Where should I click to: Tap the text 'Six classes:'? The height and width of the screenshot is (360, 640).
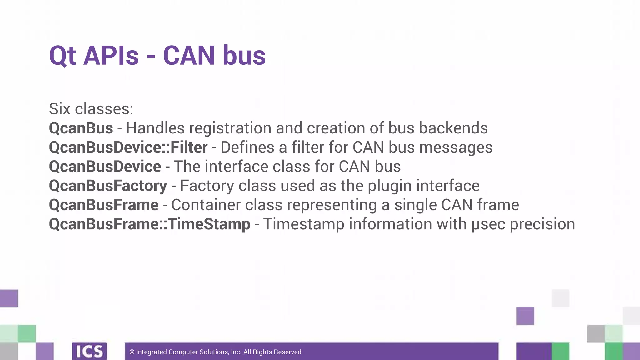pos(91,109)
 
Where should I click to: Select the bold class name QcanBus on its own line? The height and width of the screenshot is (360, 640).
pos(81,128)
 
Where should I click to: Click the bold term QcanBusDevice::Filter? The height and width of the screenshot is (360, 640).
pos(128,147)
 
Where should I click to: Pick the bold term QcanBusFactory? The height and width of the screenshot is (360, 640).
pos(108,186)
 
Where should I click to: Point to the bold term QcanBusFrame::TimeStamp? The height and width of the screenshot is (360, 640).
pos(149,224)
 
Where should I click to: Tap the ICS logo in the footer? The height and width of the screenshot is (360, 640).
pos(89,351)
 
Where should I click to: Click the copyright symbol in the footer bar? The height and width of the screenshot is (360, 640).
pos(132,352)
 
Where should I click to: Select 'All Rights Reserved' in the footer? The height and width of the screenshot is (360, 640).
pos(272,352)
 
